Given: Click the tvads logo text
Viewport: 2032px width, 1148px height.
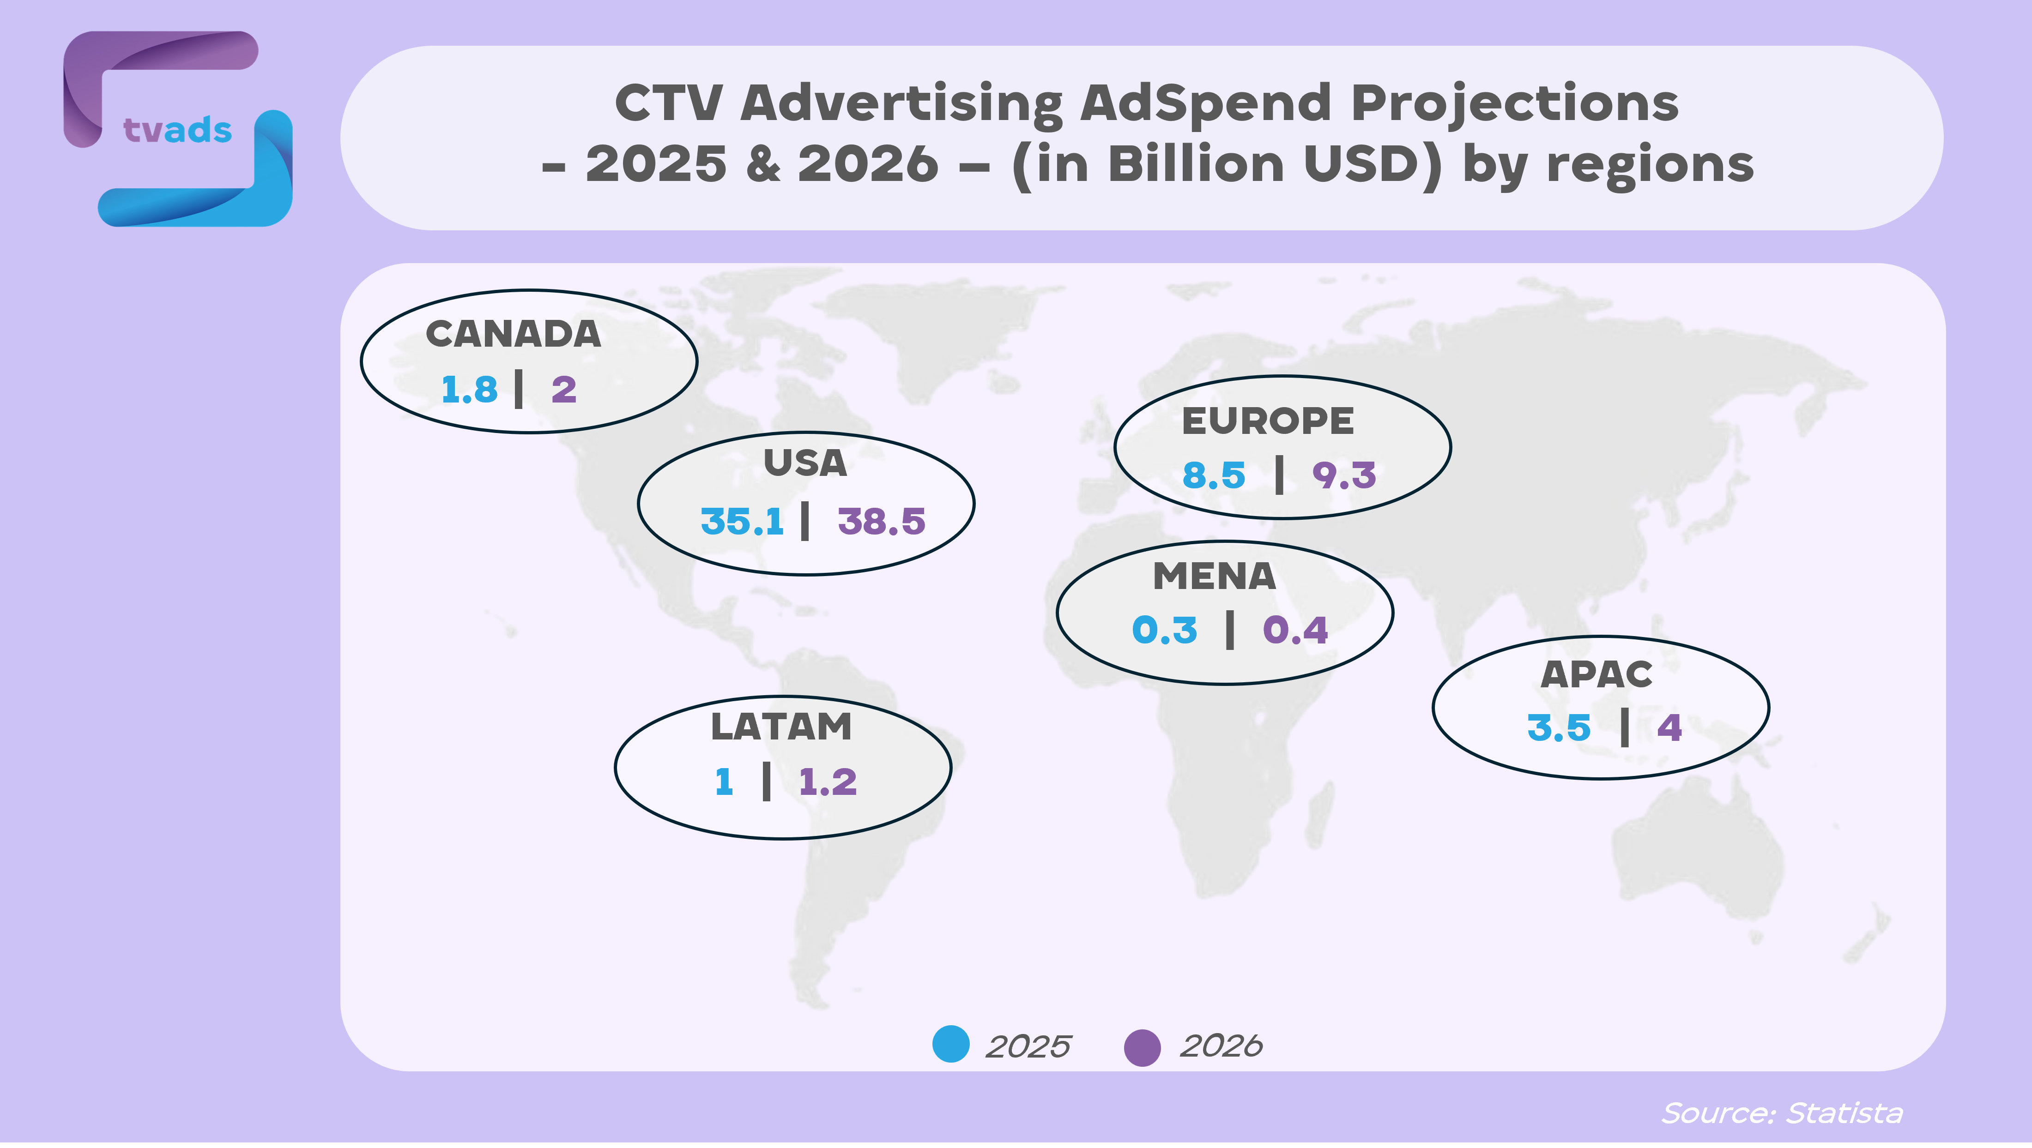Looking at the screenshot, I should click(x=177, y=130).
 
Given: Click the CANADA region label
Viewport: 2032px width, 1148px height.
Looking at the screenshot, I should click(x=514, y=334).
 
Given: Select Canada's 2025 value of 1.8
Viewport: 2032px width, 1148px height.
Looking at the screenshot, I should click(x=469, y=390).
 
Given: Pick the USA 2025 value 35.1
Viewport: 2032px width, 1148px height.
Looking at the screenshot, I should click(x=742, y=521).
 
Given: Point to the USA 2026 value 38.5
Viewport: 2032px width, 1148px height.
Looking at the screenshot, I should click(x=881, y=521).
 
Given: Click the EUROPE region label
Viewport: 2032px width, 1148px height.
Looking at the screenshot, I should click(x=1268, y=421).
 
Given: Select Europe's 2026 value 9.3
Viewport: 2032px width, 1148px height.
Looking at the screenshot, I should click(x=1344, y=475).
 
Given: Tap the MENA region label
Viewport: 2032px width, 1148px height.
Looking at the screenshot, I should click(x=1215, y=577).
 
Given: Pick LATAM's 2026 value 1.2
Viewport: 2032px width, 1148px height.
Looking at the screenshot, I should click(x=828, y=782).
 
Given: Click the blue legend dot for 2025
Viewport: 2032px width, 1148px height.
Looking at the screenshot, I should click(x=950, y=1044).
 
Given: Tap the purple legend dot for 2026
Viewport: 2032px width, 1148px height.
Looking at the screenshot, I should click(x=1142, y=1047).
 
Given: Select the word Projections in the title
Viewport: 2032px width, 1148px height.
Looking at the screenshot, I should click(x=1515, y=103).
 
